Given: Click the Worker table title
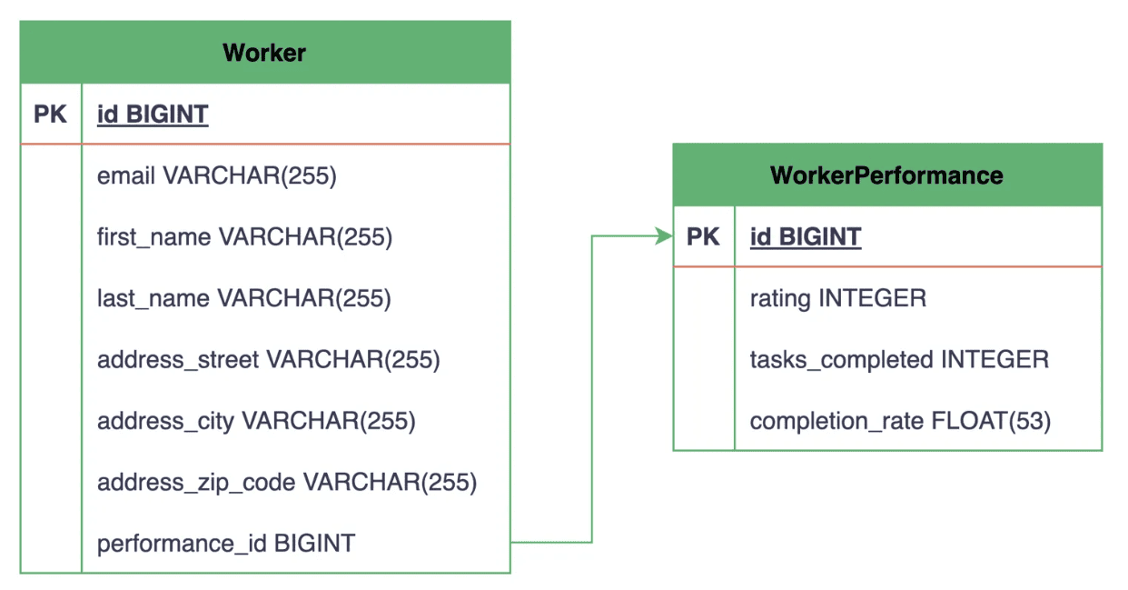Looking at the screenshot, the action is click(x=264, y=53).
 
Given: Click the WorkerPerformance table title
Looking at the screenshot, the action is click(x=886, y=175).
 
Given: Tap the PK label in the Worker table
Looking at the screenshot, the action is click(x=50, y=114).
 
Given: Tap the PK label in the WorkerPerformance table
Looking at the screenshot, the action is click(x=703, y=236).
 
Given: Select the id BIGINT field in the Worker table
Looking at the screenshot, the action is click(x=153, y=115).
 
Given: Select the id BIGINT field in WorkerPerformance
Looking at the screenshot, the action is click(x=806, y=237).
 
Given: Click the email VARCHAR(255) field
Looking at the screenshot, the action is click(x=216, y=176).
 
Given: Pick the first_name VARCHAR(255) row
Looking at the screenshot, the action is click(x=244, y=237).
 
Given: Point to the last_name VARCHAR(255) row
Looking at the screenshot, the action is click(x=243, y=298).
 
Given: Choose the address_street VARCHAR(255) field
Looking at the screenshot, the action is click(x=269, y=360).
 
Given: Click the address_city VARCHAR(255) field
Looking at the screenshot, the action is click(x=256, y=421).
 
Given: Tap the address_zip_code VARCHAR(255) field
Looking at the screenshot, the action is click(x=287, y=483).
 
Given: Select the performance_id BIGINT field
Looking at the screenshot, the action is click(x=226, y=544).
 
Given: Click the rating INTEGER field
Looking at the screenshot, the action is click(x=838, y=298).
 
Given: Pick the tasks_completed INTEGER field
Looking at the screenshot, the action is click(x=899, y=360).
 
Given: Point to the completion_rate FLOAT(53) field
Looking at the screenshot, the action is click(x=900, y=421).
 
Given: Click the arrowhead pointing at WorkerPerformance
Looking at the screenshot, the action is click(x=664, y=236).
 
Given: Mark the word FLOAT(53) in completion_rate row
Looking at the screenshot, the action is click(x=991, y=421).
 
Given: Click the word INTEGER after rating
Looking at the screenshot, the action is click(x=872, y=298).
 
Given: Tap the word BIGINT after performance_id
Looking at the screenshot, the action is click(x=315, y=543).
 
